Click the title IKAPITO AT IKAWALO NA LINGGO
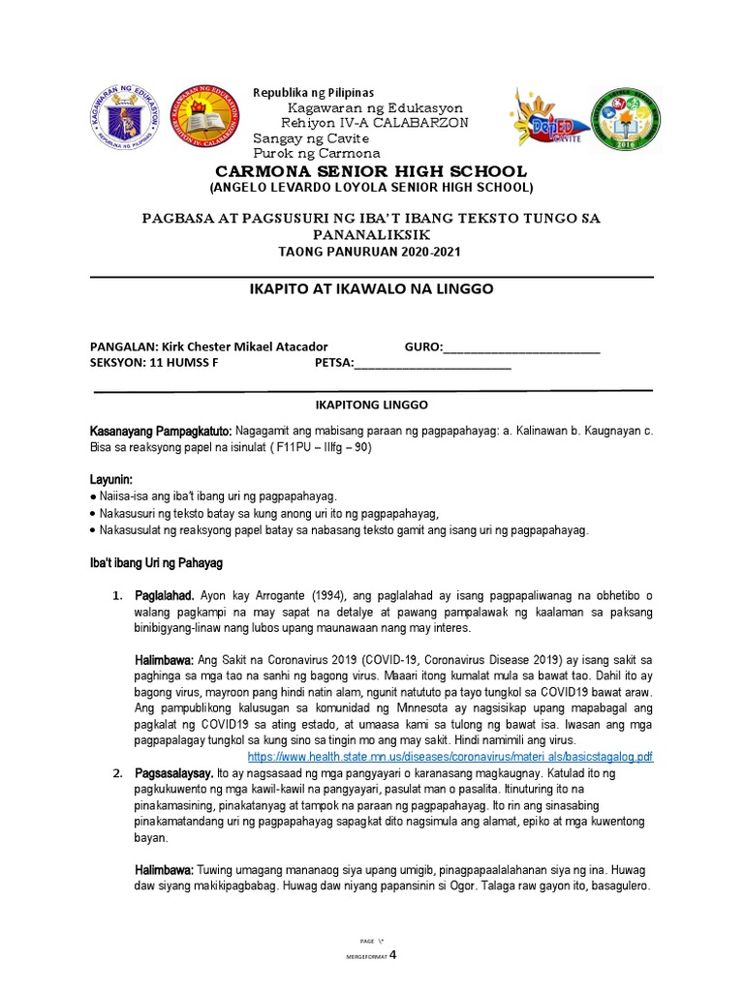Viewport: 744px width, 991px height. (x=371, y=288)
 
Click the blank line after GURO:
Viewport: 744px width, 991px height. (x=521, y=348)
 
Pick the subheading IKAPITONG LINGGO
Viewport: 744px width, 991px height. (x=372, y=404)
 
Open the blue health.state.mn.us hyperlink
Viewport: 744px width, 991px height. (x=450, y=756)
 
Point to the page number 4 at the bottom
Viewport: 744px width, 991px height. (x=393, y=953)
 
